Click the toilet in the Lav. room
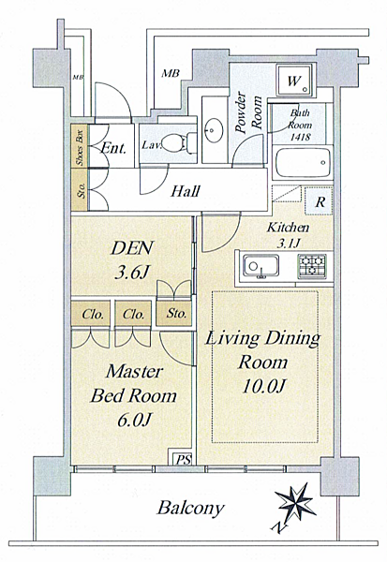pos(177,143)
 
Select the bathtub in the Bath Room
pos(302,163)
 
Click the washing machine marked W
pos(294,81)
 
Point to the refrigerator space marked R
pos(319,201)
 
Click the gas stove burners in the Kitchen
pos(312,266)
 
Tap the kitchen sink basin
pos(260,266)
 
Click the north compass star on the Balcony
pos(296,502)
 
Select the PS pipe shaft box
pos(184,458)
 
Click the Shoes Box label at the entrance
pos(80,146)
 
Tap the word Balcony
pos(190,508)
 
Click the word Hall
pos(186,191)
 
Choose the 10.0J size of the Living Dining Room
pos(263,386)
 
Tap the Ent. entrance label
pos(113,147)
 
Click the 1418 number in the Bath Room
pos(300,137)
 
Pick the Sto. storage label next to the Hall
pos(82,190)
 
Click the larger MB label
pos(170,73)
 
